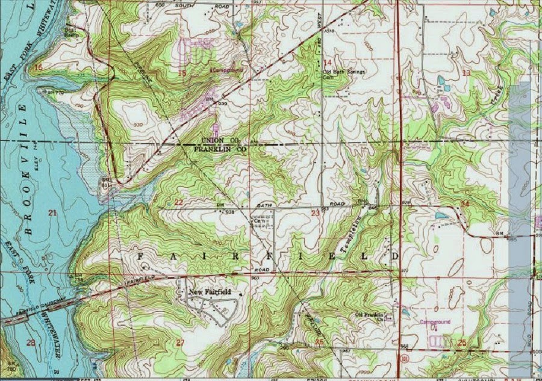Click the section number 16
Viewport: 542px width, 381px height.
[39, 67]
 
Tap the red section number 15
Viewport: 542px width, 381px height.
[182, 73]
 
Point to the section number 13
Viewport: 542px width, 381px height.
[466, 73]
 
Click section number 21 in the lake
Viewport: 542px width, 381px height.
[52, 212]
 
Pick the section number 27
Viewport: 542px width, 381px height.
[180, 342]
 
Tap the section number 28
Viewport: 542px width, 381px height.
[31, 342]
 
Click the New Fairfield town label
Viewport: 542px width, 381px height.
[210, 293]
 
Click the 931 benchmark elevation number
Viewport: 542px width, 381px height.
[229, 212]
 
